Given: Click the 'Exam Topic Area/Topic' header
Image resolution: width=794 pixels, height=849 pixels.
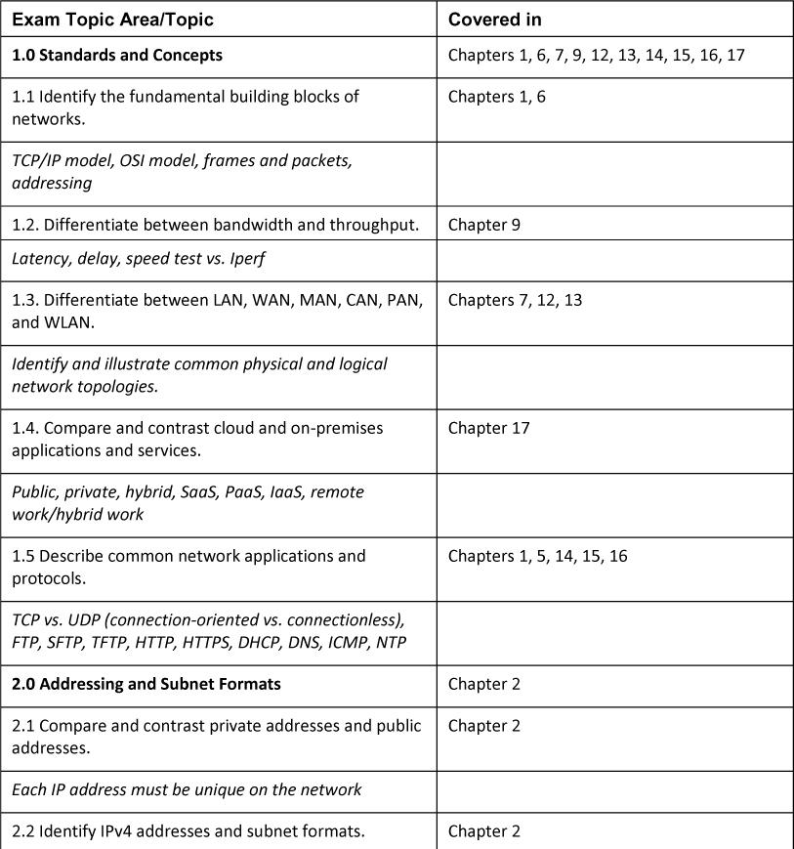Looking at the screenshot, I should tap(112, 20).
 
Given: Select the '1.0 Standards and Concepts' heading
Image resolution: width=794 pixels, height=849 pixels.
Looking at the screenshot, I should tap(117, 56).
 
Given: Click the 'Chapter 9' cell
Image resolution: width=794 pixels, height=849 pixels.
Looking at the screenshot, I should tap(484, 225).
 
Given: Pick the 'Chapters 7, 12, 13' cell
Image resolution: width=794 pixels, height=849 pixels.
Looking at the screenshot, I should tap(515, 300).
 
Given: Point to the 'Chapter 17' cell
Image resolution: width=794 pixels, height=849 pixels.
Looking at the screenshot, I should tap(488, 428).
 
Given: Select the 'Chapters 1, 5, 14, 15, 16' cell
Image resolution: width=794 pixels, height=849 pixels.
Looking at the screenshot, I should tap(537, 556).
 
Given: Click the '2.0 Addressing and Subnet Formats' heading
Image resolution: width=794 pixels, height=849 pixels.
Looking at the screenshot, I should tap(146, 684).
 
